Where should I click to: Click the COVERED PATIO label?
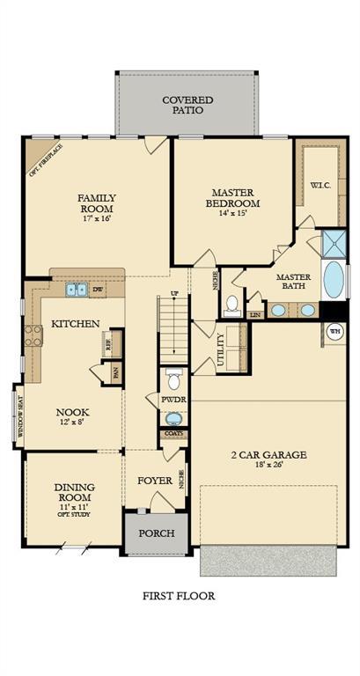(x=187, y=106)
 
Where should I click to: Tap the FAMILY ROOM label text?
(x=97, y=203)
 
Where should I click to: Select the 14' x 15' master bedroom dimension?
(x=232, y=214)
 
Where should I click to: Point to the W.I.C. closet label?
(x=320, y=185)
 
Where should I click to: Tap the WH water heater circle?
(x=334, y=331)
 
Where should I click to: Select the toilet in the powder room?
(x=174, y=380)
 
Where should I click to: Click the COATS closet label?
(x=173, y=434)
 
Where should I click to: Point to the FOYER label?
(x=155, y=481)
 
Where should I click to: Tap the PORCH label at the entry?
(x=157, y=534)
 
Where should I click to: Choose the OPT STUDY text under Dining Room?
(x=75, y=515)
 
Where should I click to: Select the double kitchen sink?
(x=77, y=289)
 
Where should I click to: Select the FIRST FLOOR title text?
(x=179, y=596)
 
